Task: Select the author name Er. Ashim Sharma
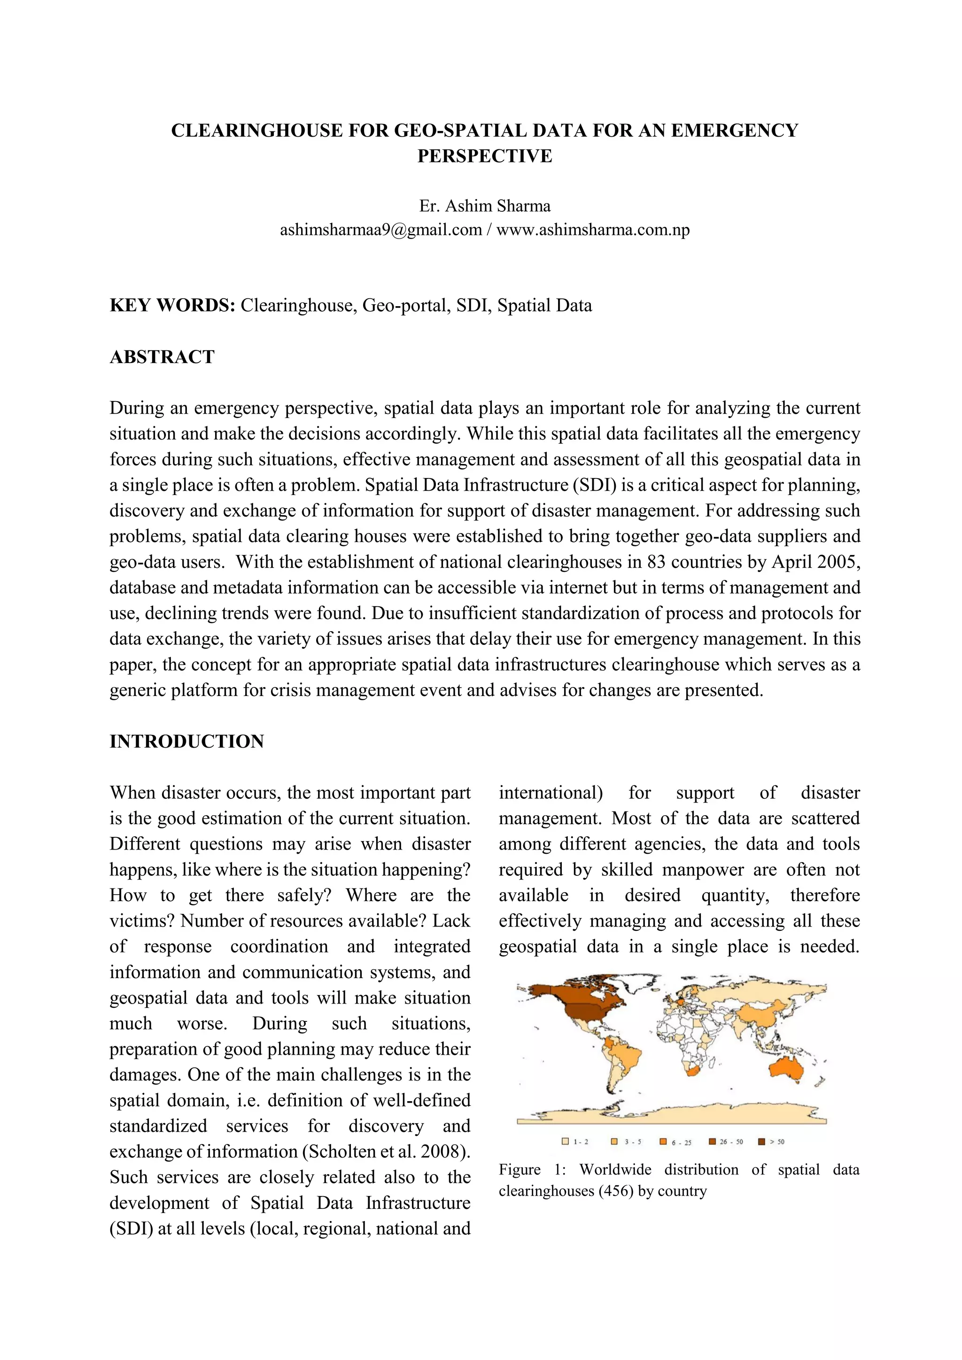(485, 206)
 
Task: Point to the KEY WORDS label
(172, 306)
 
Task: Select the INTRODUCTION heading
(186, 742)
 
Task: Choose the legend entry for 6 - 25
(676, 1142)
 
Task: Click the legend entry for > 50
(772, 1142)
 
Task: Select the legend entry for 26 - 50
(726, 1142)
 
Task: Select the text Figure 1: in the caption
(531, 1170)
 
